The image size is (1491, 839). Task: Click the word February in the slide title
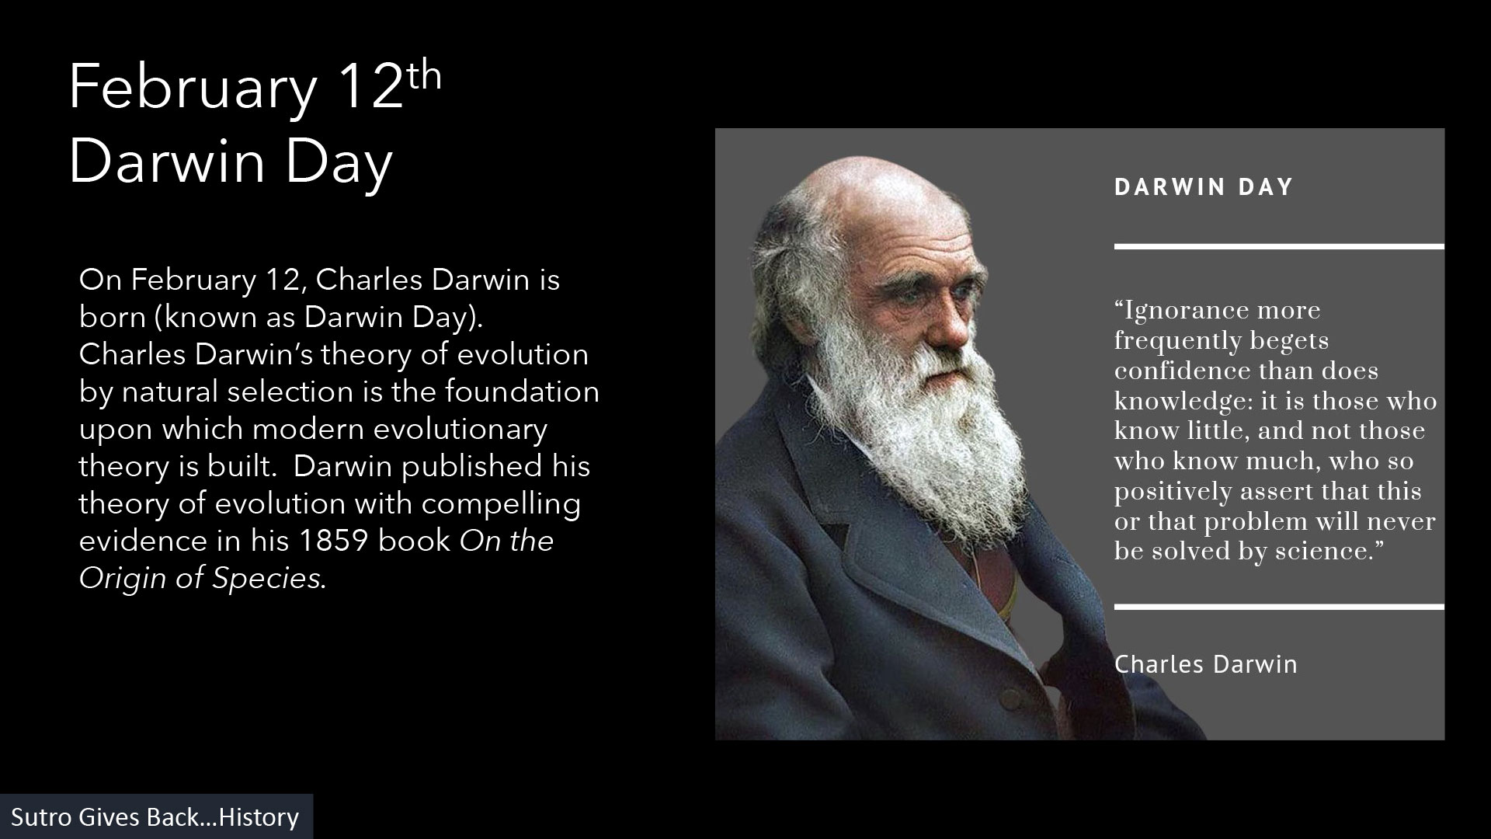[x=193, y=89]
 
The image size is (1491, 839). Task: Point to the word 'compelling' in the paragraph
[x=502, y=505]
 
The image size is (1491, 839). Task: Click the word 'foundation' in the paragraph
[x=523, y=392]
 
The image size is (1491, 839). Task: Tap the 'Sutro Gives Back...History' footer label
[x=155, y=817]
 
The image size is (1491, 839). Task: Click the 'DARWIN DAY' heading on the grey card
[x=1204, y=187]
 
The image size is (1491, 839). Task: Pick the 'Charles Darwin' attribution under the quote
[x=1205, y=664]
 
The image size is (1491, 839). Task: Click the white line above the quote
[x=1279, y=246]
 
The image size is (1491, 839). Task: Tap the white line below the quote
[x=1279, y=607]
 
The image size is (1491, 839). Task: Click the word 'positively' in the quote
[x=1173, y=493]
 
